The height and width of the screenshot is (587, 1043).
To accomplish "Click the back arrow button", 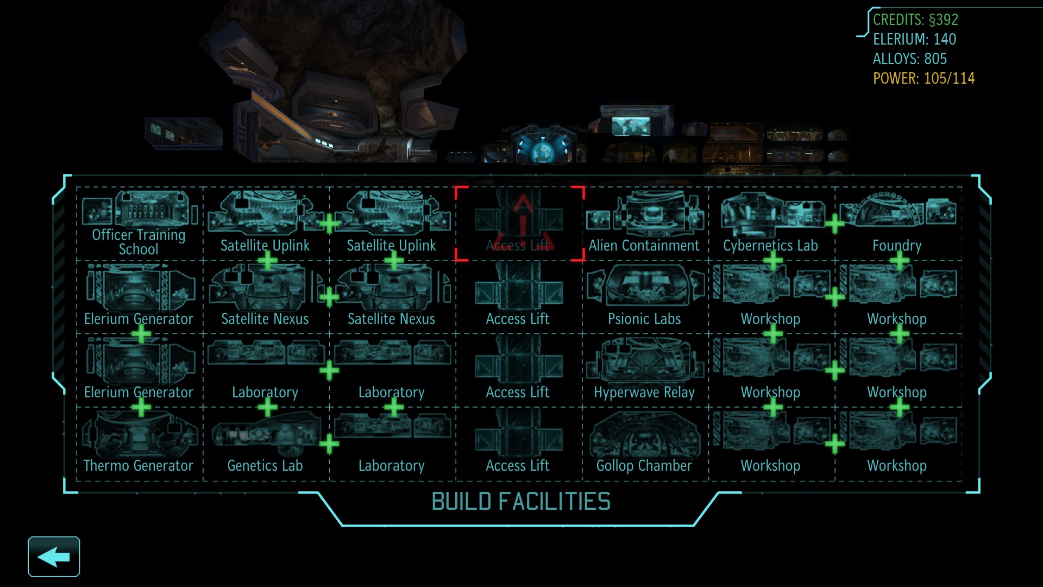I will click(x=54, y=557).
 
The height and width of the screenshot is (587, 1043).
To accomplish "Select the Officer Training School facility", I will click(x=139, y=223).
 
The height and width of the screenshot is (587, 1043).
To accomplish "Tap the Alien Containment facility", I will click(x=644, y=223).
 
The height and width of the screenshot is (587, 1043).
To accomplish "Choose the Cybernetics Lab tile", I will click(x=771, y=223).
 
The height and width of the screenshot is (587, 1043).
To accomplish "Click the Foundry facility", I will click(x=897, y=223).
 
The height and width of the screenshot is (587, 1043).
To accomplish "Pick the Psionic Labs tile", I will click(x=644, y=296).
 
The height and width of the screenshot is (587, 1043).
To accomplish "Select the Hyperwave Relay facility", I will click(x=644, y=370).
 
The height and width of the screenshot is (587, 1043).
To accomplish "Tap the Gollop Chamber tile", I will click(x=644, y=443).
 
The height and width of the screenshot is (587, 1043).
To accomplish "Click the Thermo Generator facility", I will click(x=139, y=443).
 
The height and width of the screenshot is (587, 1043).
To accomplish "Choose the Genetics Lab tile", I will click(x=265, y=443).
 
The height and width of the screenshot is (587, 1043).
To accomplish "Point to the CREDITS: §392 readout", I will click(x=915, y=20).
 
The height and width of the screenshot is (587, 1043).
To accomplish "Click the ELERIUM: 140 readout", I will click(x=914, y=40).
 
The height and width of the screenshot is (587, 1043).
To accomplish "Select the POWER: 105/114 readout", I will click(x=923, y=79).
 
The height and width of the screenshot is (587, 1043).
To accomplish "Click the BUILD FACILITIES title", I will click(x=521, y=502).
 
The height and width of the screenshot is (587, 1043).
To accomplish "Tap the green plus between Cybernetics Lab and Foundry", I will click(x=834, y=223).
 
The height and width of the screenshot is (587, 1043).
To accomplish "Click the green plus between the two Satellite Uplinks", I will click(x=329, y=223).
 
